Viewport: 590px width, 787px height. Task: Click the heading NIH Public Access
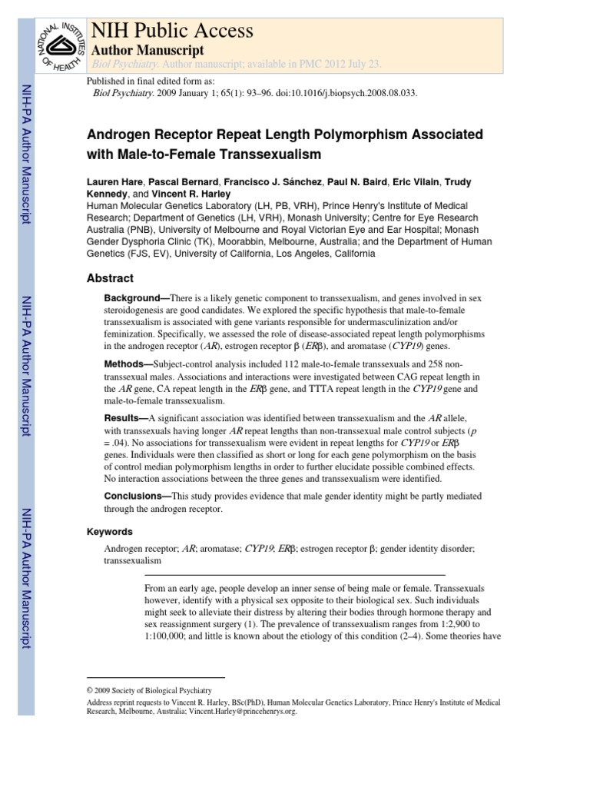point(172,31)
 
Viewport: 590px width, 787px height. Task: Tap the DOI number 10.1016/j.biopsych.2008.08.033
point(350,93)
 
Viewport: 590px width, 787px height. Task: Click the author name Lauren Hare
point(114,181)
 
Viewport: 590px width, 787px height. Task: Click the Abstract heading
point(110,278)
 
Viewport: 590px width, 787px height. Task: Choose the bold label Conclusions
point(134,496)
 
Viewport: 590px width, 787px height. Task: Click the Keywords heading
point(110,531)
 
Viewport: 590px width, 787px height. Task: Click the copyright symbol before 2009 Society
point(90,690)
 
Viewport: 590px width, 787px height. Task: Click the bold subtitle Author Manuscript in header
point(147,50)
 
